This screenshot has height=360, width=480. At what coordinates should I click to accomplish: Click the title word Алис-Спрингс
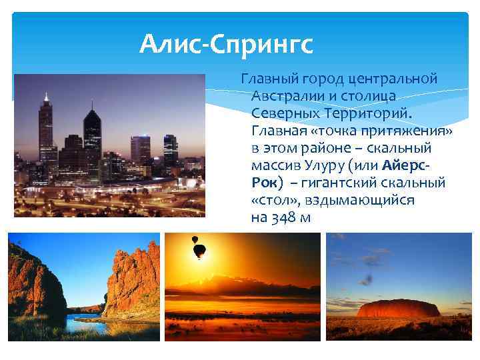[226, 45]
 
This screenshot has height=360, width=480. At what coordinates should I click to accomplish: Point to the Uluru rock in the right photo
[399, 309]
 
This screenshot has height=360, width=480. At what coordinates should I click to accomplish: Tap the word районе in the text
[316, 148]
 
